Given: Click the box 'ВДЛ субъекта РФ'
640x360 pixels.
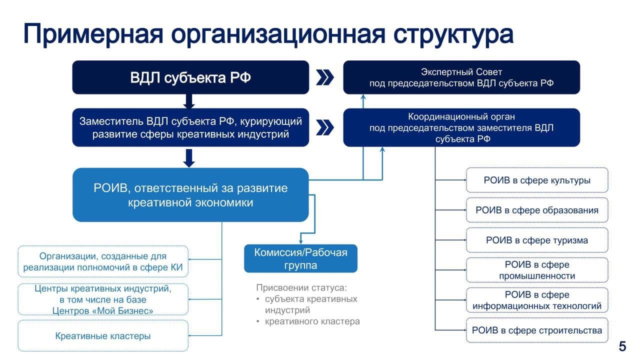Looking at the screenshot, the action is [190, 77].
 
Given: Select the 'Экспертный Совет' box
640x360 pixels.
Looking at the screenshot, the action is [461, 77].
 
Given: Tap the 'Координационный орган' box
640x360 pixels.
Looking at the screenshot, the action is [461, 127].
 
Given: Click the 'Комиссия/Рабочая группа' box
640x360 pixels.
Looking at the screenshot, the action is [300, 258].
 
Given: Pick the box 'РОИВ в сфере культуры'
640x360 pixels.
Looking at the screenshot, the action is [537, 180].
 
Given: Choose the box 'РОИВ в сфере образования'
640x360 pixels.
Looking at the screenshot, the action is [537, 210].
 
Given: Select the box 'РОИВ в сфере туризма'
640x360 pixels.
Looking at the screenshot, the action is [537, 240].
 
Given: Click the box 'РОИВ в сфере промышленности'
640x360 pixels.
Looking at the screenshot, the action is [537, 270].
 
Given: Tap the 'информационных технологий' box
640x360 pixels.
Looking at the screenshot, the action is [537, 300].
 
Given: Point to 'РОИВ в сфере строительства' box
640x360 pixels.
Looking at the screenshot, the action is [537, 330].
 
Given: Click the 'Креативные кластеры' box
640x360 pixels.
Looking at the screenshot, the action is [103, 335].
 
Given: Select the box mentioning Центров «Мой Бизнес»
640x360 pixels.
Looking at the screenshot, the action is [103, 299].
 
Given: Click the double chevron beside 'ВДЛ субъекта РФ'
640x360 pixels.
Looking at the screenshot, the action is [325, 77].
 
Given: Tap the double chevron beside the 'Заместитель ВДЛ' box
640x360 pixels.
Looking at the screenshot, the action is [325, 127].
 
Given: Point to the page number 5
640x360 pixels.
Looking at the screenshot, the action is [622, 346].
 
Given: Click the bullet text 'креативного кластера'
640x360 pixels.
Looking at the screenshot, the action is [312, 321].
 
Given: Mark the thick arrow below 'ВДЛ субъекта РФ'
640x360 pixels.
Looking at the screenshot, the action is [189, 101].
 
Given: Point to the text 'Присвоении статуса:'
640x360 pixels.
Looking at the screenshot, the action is [301, 287].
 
